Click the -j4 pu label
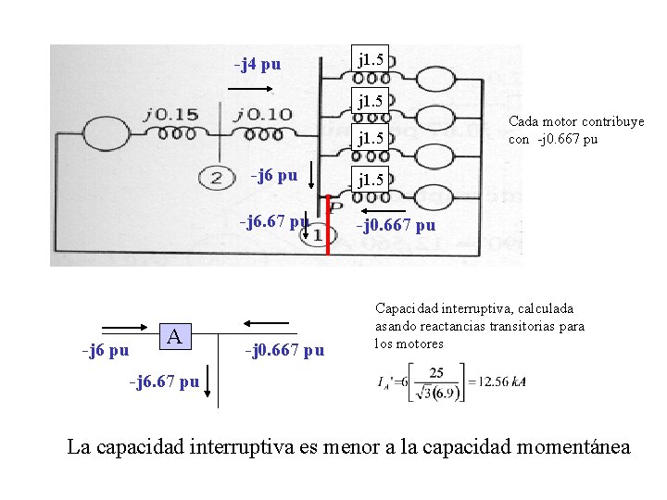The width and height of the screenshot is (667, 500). [x=258, y=65]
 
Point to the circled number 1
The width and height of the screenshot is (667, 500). [x=318, y=235]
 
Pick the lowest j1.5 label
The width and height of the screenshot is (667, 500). [x=372, y=179]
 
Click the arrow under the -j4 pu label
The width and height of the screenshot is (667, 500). [x=250, y=90]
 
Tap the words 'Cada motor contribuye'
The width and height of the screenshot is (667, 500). [x=576, y=122]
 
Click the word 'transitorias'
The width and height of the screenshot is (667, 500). [x=518, y=326]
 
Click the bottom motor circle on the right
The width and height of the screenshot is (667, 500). [x=434, y=199]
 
